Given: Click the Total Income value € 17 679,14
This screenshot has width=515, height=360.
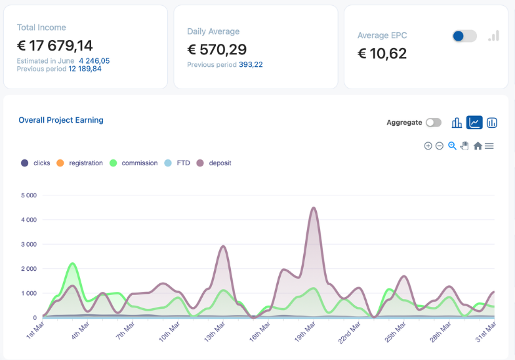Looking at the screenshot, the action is click(x=55, y=46).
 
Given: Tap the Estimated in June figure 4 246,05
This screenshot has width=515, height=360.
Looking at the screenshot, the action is click(x=94, y=61).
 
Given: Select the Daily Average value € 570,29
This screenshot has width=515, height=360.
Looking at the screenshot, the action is click(x=216, y=50).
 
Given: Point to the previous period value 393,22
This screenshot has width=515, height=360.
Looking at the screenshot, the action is click(x=251, y=65).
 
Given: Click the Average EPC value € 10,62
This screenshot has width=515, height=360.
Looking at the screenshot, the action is click(x=382, y=54).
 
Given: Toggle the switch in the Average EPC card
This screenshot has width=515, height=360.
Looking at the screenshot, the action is click(x=464, y=36).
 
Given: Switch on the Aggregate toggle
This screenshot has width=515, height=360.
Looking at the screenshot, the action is click(x=434, y=123).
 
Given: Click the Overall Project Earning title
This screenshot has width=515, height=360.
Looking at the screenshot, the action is click(x=61, y=120).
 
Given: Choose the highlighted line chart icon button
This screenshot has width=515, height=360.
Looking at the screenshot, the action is click(x=474, y=123).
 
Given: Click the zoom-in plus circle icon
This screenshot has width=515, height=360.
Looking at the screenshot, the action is click(x=428, y=146).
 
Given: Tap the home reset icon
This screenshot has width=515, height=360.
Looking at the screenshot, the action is click(x=478, y=146).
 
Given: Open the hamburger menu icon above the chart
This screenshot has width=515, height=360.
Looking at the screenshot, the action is click(x=489, y=146).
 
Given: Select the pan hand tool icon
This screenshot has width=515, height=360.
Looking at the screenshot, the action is click(x=464, y=146).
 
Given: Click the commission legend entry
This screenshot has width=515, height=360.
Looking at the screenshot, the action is click(x=134, y=163).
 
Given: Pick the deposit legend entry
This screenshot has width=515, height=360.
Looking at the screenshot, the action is click(x=214, y=163).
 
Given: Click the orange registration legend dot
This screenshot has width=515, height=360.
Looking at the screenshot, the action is click(x=60, y=163).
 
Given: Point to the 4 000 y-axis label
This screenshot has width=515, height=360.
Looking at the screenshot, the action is click(x=29, y=220).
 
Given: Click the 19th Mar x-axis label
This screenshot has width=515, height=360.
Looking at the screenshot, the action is click(x=305, y=331).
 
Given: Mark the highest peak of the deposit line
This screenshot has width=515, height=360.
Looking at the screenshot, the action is click(x=314, y=208).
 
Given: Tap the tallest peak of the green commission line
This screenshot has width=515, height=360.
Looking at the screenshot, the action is click(x=72, y=264).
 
